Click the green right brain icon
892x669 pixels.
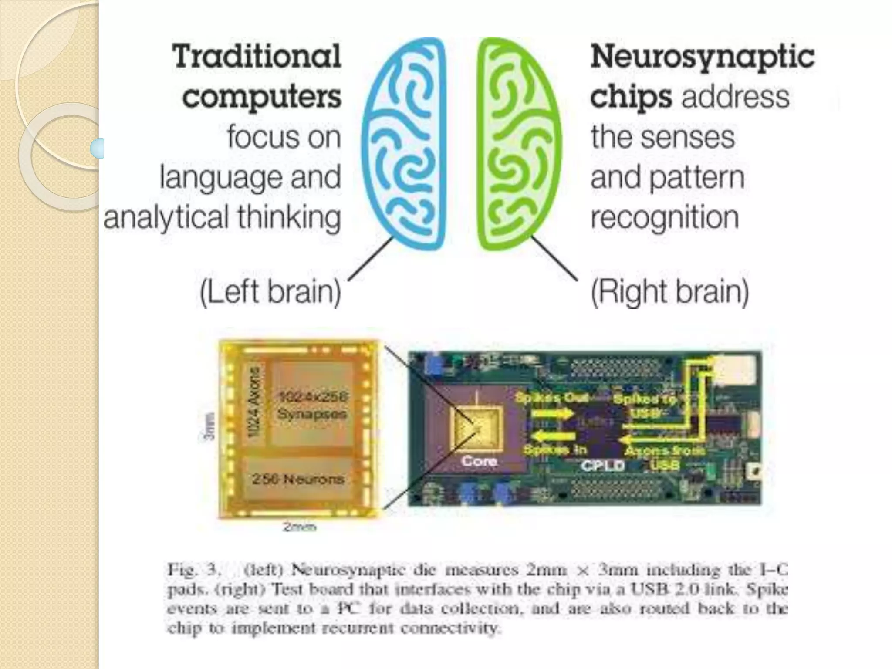point(518,144)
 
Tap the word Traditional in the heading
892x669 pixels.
point(257,57)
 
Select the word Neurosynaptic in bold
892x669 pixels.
point(702,57)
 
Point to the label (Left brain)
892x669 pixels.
point(270,292)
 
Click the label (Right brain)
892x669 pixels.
point(669,292)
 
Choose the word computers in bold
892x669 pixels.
point(262,97)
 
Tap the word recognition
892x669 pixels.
point(665,217)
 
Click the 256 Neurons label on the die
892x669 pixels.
point(298,479)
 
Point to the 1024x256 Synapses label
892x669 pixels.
point(312,405)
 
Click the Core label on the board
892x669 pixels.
point(479,461)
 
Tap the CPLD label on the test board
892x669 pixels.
point(603,466)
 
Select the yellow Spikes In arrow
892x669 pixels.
point(551,436)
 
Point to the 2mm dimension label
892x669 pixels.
point(299,527)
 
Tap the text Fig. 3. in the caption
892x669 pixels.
point(192,570)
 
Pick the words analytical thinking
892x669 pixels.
point(222,217)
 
